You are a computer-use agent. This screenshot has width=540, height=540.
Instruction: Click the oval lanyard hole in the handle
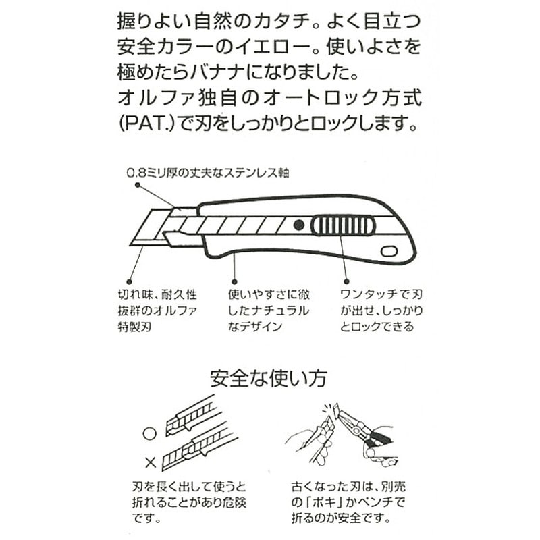click(389, 251)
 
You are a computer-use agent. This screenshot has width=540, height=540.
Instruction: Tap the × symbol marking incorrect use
click(150, 462)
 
